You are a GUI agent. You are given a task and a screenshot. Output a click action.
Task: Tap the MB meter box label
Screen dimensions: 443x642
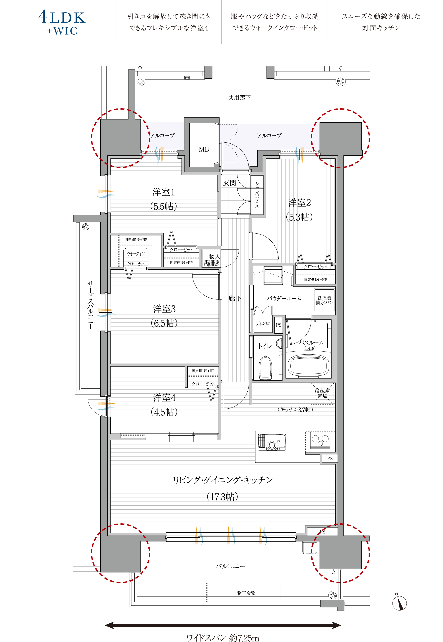[204, 149]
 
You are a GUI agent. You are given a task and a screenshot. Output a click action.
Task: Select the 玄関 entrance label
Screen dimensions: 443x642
[229, 183]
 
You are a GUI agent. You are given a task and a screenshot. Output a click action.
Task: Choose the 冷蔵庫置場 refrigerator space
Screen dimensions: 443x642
[322, 393]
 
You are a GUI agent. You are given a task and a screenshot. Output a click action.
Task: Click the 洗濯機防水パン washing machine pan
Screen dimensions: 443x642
[324, 301]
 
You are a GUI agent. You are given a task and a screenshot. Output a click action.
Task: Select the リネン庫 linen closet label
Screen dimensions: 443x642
[262, 323]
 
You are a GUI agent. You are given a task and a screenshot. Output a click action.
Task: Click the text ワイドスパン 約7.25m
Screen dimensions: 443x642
[223, 636]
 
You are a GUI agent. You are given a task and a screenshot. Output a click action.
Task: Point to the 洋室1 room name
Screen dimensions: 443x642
[163, 192]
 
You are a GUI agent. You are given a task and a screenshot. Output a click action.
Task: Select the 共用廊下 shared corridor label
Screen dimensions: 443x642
[239, 97]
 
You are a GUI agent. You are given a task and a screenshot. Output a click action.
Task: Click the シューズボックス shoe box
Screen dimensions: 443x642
[257, 195]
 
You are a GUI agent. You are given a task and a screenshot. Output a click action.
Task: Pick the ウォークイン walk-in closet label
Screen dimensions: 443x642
[136, 253]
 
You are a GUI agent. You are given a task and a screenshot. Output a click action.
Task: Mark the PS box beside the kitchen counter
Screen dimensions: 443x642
[329, 458]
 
